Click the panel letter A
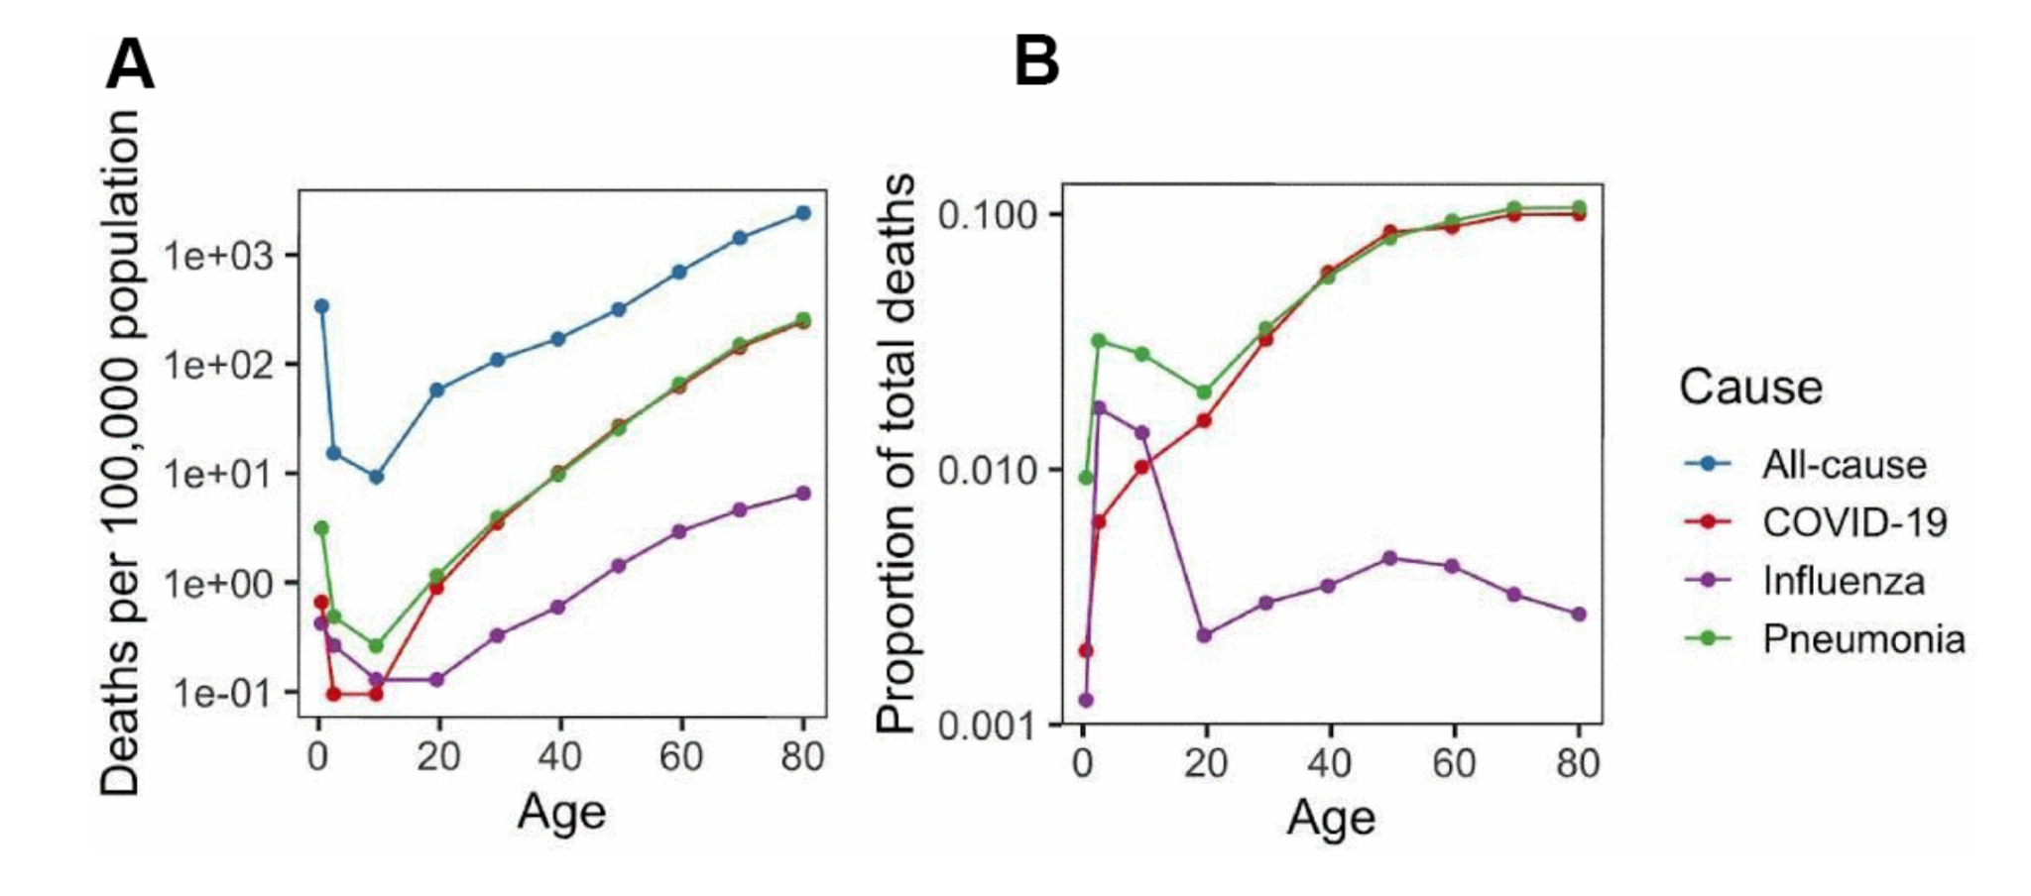[130, 64]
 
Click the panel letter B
[1036, 61]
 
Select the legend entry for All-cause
[1843, 464]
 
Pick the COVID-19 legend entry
[1853, 522]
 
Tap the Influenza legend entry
[1843, 581]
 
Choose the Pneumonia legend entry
[1862, 639]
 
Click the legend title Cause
[1750, 387]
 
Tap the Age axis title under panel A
[561, 813]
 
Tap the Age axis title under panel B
[1331, 819]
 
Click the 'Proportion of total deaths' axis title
[897, 454]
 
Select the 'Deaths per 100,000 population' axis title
[121, 454]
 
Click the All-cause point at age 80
[802, 213]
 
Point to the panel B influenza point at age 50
[1390, 558]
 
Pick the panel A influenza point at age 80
[802, 494]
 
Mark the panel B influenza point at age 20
[1204, 635]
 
